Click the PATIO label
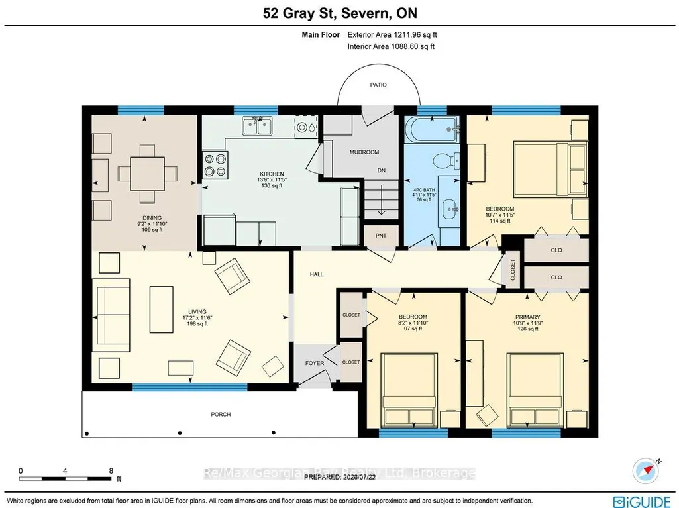pyautogui.click(x=378, y=85)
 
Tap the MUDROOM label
pyautogui.click(x=364, y=152)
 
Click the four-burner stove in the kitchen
pyautogui.click(x=216, y=165)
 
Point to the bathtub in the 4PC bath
pyautogui.click(x=432, y=130)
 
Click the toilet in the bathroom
pyautogui.click(x=446, y=161)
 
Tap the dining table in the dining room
pyautogui.click(x=147, y=174)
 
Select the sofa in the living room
pyautogui.click(x=111, y=315)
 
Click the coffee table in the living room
pyautogui.click(x=162, y=309)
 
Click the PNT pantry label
pyautogui.click(x=381, y=236)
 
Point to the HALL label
pyautogui.click(x=317, y=274)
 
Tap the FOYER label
pyautogui.click(x=315, y=363)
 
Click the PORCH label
pyautogui.click(x=221, y=414)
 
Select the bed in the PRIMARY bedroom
pyautogui.click(x=535, y=389)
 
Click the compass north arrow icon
pyautogui.click(x=645, y=470)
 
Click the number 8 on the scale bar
pyautogui.click(x=111, y=471)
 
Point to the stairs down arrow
pyautogui.click(x=381, y=200)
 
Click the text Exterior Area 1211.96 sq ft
pyautogui.click(x=392, y=35)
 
